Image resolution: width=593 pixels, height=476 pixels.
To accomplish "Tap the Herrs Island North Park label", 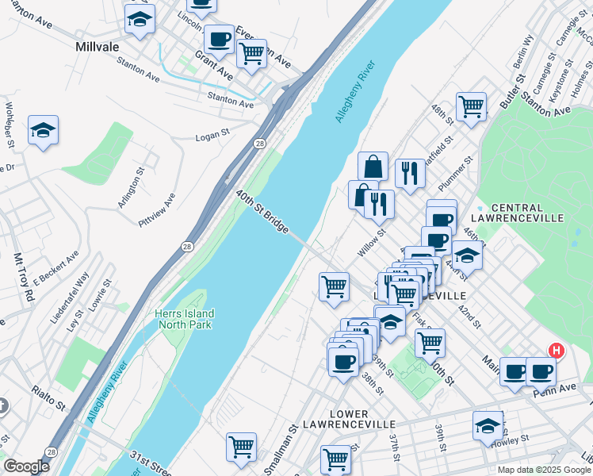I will coord(184,320).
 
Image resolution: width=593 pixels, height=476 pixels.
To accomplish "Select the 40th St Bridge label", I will coord(261,211).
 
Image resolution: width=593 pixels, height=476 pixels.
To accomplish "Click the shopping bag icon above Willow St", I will coord(373,167).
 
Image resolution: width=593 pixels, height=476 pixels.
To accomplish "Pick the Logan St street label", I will coord(212,137).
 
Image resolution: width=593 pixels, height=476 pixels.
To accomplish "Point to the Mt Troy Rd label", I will coord(24,277).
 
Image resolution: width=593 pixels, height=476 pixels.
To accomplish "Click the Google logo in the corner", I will coord(25,466).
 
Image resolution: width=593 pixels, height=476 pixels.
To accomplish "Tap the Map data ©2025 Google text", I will coord(544,470).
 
